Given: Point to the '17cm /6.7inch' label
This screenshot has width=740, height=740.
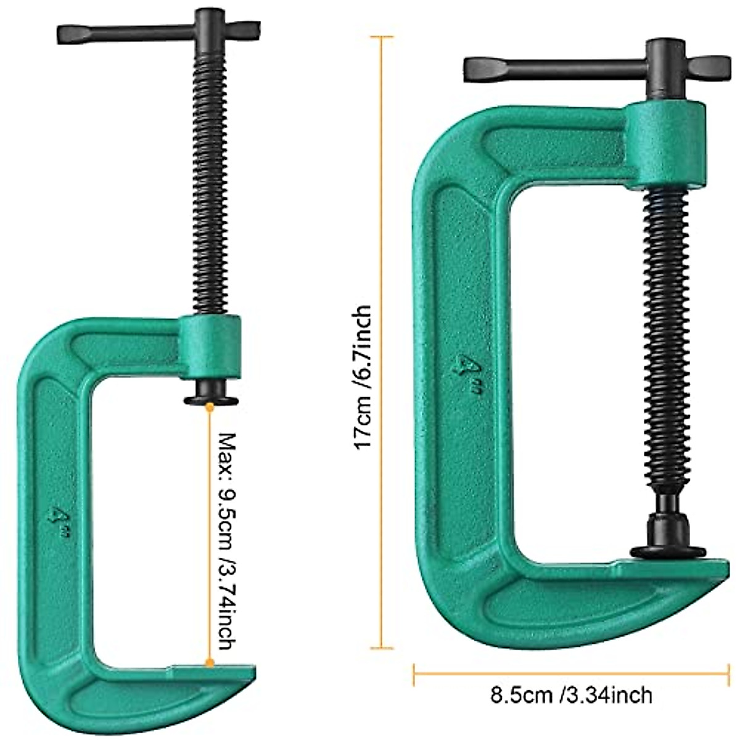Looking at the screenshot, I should pyautogui.click(x=363, y=376).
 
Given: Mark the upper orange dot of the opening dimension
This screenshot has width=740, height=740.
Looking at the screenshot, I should pyautogui.click(x=210, y=406).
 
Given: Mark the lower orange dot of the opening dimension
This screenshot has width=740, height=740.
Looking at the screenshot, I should pyautogui.click(x=210, y=663).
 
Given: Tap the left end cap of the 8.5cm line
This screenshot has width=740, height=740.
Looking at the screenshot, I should pyautogui.click(x=414, y=674).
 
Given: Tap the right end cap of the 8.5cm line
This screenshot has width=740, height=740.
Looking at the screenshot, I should pyautogui.click(x=728, y=674).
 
